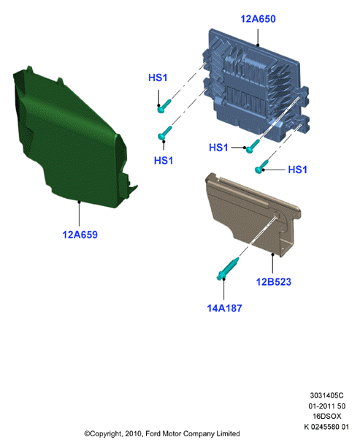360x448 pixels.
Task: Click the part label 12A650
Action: [x=258, y=19]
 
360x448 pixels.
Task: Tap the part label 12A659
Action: [x=80, y=235]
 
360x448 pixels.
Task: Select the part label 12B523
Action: [x=274, y=281]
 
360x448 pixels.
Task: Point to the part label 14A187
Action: [x=224, y=308]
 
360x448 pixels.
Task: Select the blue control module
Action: [x=254, y=86]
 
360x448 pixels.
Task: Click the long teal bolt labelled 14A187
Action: [x=228, y=269]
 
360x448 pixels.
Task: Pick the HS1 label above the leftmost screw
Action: [x=158, y=77]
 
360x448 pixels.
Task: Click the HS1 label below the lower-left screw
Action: [x=164, y=160]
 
